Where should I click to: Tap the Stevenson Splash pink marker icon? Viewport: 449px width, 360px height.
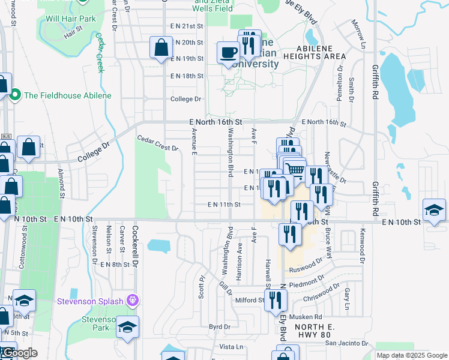pos(133,301)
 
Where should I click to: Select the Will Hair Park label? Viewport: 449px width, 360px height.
pos(71,19)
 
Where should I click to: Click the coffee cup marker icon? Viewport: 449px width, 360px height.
pos(228,52)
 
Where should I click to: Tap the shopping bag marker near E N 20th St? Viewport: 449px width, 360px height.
pos(161,47)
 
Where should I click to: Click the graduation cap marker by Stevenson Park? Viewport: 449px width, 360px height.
pos(127,327)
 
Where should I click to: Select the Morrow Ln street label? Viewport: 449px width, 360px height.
pos(358,34)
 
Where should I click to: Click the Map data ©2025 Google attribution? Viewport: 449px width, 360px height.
pos(411,355)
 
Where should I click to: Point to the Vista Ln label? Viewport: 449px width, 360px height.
pos(231,347)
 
